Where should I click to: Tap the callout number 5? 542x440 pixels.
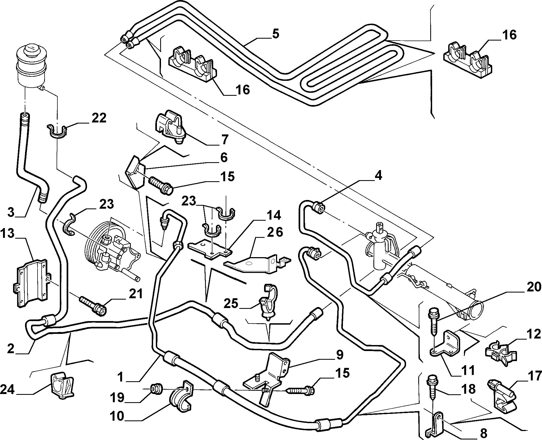point(275,35)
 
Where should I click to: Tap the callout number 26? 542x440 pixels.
point(275,232)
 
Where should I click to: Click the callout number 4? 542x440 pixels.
point(378,176)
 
